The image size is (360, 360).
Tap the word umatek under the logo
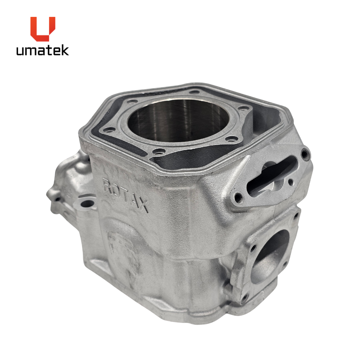(42, 50)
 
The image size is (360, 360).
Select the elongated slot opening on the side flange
(271, 175)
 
